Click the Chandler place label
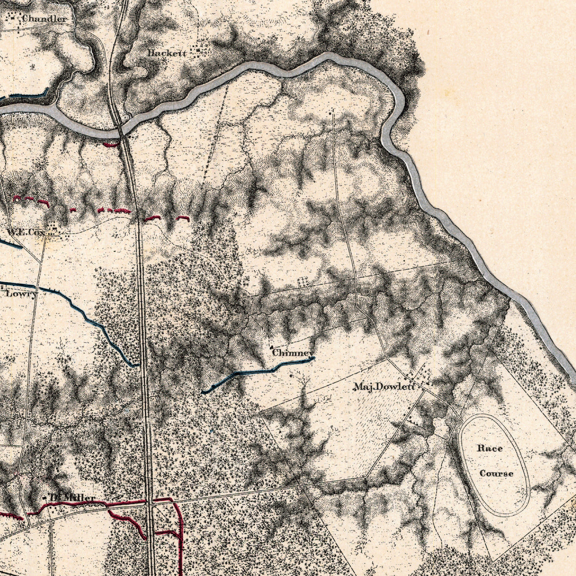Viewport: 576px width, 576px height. [x=45, y=19]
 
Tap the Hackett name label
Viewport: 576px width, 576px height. [x=167, y=53]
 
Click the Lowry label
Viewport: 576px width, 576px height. [x=21, y=294]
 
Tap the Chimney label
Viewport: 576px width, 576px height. [x=293, y=353]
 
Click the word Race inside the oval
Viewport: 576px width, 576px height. [x=490, y=448]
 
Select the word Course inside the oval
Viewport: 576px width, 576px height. [x=496, y=474]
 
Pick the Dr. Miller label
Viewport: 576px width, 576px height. [x=73, y=498]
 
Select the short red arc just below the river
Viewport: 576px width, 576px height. [x=111, y=143]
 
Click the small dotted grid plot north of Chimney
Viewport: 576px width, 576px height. [x=302, y=282]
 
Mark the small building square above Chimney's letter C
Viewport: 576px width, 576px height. [x=271, y=347]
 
